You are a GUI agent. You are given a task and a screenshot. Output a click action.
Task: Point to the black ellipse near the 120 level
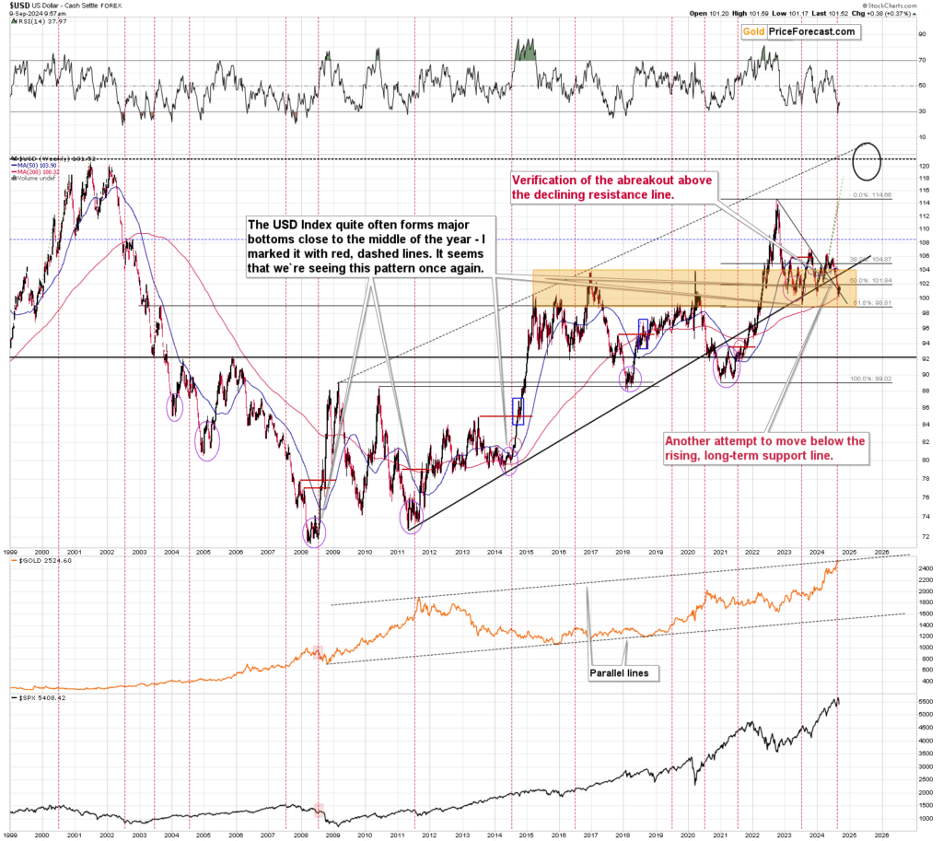click(868, 162)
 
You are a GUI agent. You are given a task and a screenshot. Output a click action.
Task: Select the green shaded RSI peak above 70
click(526, 50)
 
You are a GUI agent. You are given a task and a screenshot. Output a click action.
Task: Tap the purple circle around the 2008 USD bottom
click(315, 531)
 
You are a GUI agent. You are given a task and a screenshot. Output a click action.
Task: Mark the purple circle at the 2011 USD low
click(412, 515)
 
